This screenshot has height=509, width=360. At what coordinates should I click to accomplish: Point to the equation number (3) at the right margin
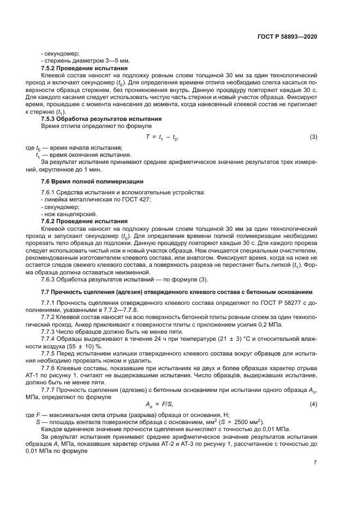point(313,137)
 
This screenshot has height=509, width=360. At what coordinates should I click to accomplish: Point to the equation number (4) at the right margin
point(313,403)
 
